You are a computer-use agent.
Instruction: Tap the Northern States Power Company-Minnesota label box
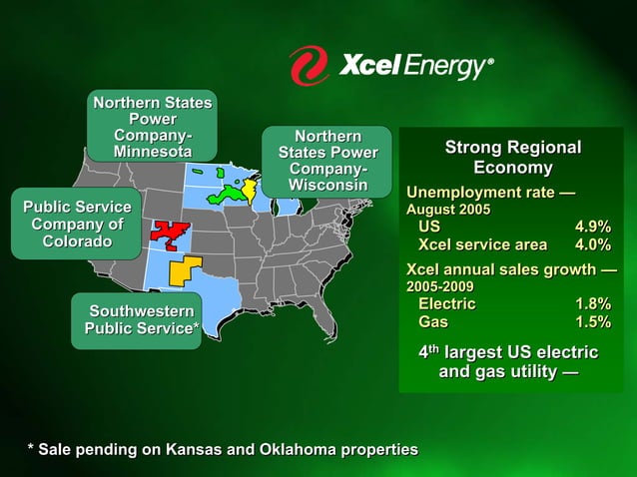point(152,127)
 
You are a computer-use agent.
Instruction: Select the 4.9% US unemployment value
point(592,228)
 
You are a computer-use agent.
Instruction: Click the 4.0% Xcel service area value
point(592,244)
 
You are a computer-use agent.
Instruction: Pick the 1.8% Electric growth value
point(592,304)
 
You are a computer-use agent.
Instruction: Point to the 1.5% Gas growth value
point(592,322)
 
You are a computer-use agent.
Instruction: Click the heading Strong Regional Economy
point(512,158)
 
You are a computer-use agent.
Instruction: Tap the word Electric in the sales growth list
point(446,304)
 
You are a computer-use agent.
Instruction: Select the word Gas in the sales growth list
point(433,322)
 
